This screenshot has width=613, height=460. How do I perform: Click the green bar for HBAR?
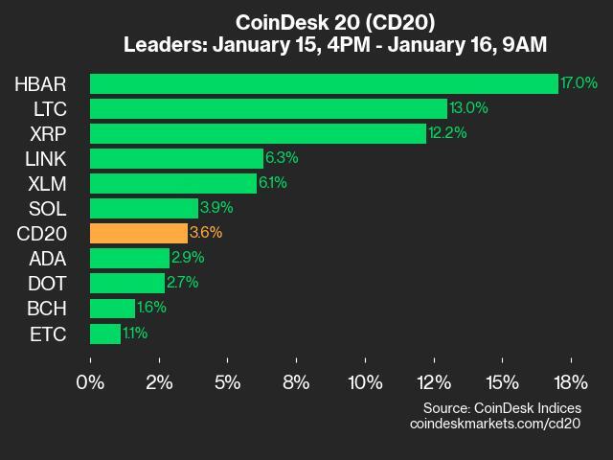[x=324, y=83]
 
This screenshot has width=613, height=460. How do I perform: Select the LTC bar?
[x=268, y=108]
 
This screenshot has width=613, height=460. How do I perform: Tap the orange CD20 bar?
[x=139, y=233]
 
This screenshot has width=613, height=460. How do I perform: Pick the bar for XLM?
[x=173, y=183]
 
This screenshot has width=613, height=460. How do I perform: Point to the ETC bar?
[x=105, y=333]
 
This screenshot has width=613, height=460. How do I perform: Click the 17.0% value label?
[x=579, y=83]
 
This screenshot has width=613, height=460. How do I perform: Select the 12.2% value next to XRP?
[x=448, y=133]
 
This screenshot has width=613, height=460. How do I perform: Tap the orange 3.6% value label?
[x=207, y=233]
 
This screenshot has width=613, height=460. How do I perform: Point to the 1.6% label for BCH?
[x=151, y=308]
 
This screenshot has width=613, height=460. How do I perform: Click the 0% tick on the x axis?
[x=91, y=382]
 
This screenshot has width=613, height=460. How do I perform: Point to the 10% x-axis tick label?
[x=365, y=382]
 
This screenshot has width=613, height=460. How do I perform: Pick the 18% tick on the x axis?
[x=571, y=382]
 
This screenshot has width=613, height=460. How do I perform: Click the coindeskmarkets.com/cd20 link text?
[x=495, y=423]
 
